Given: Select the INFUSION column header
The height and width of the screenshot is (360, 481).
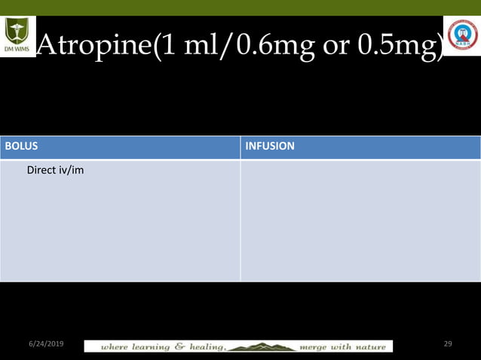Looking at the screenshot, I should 269,146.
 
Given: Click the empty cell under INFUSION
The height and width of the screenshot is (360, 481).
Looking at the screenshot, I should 360,220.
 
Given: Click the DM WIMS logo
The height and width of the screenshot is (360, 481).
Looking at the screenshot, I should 17,36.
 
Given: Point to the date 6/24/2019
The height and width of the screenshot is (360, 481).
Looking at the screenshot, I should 47,343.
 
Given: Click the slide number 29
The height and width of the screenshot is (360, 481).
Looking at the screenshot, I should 448,343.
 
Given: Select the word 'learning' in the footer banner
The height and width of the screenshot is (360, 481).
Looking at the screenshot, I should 151,346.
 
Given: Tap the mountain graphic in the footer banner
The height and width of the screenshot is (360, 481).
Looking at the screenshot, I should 260,346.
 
